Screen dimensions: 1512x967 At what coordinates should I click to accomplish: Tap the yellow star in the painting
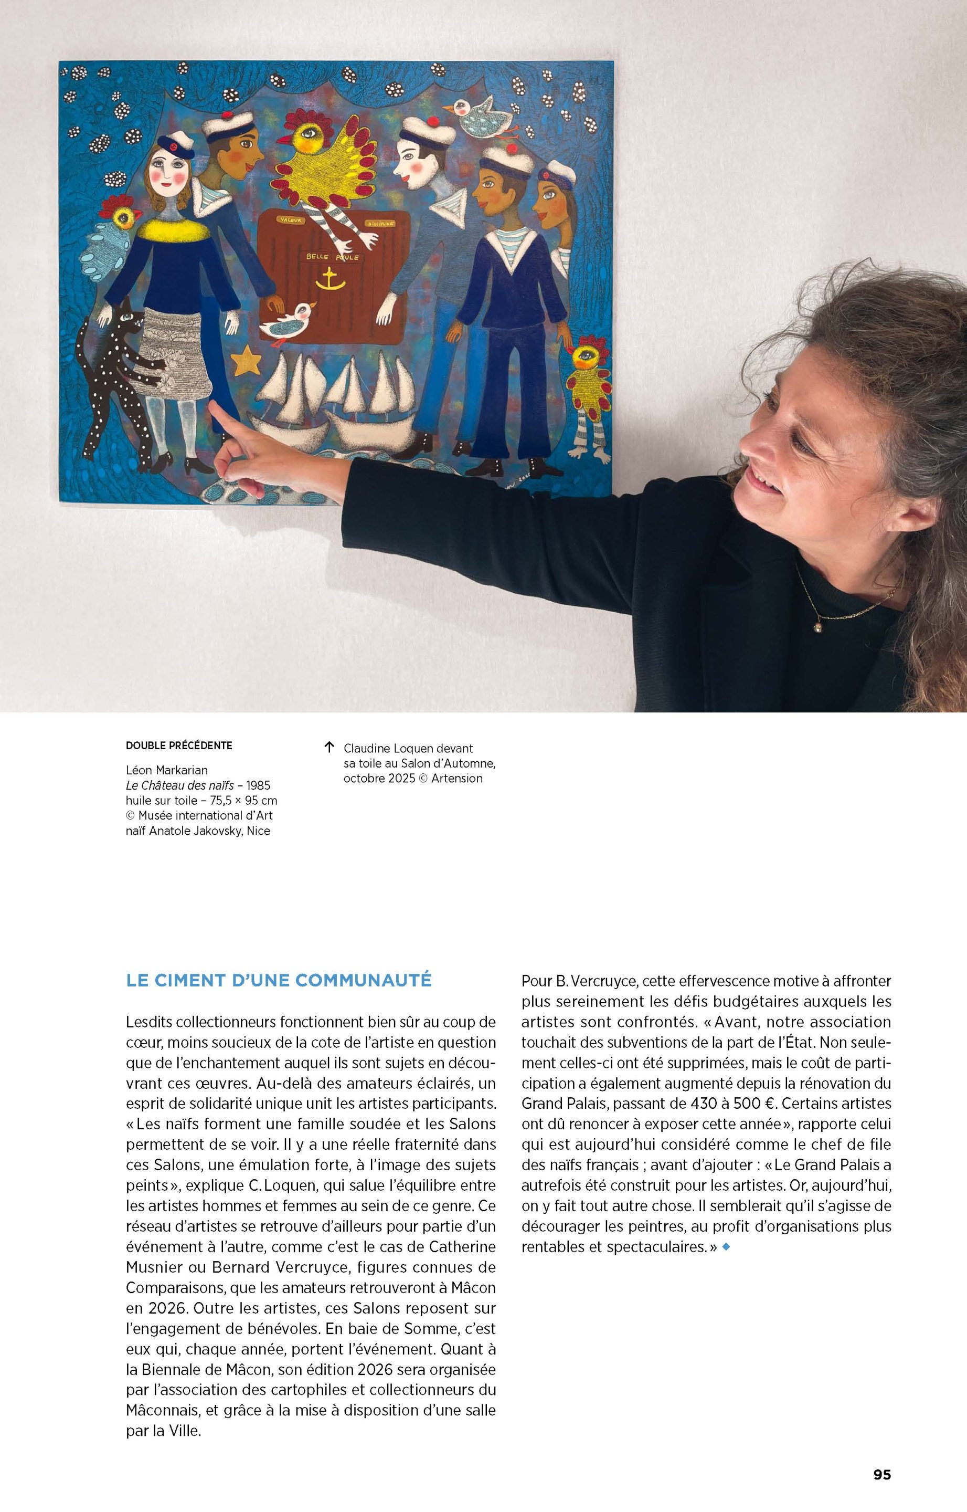pos(246,361)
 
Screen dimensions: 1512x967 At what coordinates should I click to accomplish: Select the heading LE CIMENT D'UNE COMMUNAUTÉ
pos(279,980)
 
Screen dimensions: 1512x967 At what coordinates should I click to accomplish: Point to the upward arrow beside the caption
pos(328,747)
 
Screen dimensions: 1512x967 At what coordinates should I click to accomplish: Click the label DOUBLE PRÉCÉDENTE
pos(179,745)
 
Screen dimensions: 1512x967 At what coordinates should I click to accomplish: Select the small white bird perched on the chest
pos(290,321)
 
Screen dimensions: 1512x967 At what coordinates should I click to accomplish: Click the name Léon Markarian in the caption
pos(166,770)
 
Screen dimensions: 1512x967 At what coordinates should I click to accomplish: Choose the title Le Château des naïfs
pos(179,785)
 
